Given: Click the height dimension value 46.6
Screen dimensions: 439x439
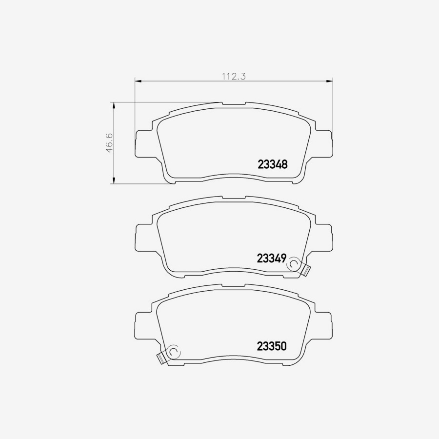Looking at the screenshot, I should point(110,143).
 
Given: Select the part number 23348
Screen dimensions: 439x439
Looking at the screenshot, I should point(272,164).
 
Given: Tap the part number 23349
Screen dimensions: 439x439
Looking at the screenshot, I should point(271,259).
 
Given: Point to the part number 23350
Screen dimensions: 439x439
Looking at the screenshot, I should point(271,346).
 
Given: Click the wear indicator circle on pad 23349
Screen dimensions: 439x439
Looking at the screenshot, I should point(294,264).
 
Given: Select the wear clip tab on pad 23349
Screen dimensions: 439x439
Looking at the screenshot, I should point(305,269).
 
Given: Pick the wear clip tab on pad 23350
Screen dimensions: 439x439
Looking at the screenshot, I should point(160,358).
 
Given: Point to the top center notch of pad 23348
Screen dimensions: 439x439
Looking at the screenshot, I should point(234,104).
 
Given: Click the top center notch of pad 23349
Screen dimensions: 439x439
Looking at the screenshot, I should point(234,198).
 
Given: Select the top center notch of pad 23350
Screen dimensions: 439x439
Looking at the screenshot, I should point(234,286).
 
